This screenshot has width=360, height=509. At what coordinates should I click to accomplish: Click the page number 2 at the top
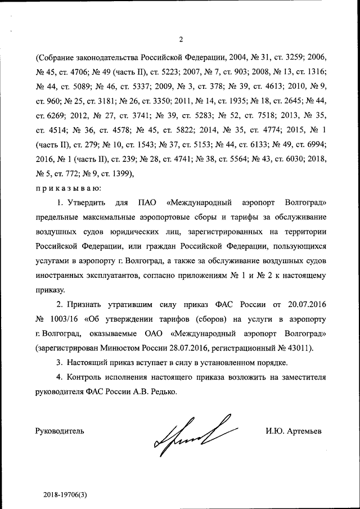(x=181, y=39)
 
